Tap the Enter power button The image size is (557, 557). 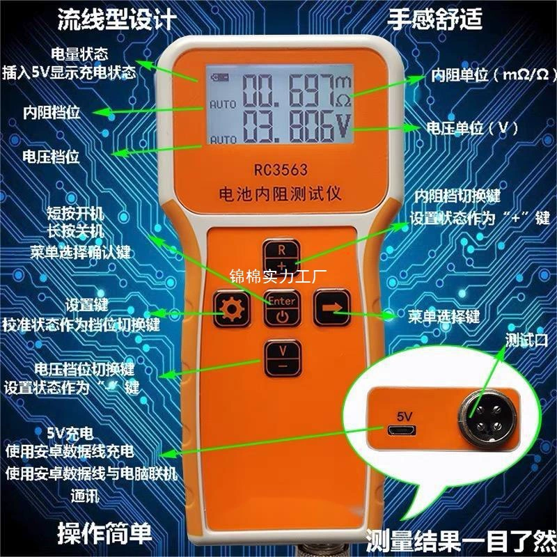coord(281,309)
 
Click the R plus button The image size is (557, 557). coord(281,258)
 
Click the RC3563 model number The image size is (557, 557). coord(281,169)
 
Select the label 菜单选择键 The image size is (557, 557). coord(444,317)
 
